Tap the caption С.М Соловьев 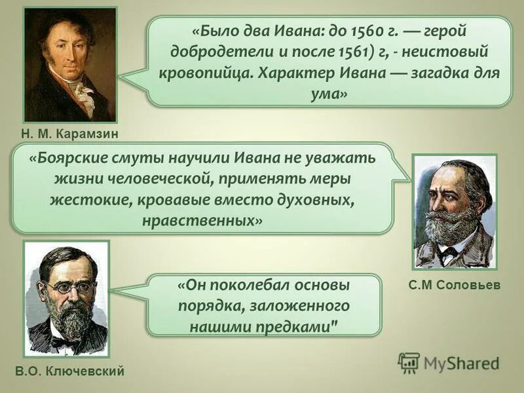point(453,286)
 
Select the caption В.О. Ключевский point(69,372)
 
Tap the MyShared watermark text point(461,363)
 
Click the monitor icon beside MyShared point(409,363)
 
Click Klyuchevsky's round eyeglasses point(68,287)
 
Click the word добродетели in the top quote point(214,51)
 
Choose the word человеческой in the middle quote point(166,179)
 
